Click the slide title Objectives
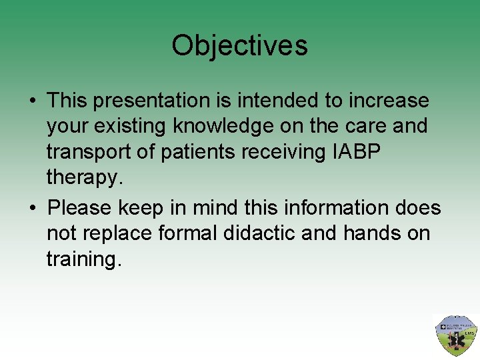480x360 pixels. coord(239,46)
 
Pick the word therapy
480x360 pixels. coord(84,178)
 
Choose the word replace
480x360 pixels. coord(108,234)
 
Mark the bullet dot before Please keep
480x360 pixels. coord(32,209)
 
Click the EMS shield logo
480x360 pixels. coord(455,336)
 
